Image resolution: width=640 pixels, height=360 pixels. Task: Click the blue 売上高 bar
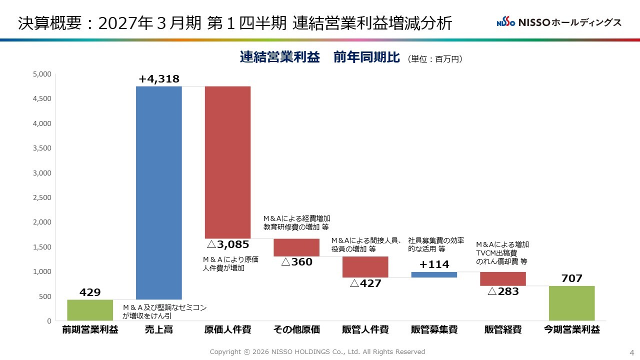(x=159, y=193)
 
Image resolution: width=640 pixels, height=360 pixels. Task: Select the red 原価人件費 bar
(x=227, y=162)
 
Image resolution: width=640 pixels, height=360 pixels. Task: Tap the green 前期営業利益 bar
(x=90, y=310)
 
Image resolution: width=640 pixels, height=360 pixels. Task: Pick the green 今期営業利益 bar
(x=571, y=303)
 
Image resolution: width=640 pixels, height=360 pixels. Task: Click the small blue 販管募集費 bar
(x=434, y=274)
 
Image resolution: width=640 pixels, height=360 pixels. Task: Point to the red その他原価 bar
(x=296, y=247)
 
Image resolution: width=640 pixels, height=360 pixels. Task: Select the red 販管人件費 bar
(x=365, y=267)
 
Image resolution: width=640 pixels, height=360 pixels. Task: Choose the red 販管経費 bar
(x=503, y=279)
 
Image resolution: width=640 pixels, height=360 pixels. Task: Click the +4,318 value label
(x=159, y=79)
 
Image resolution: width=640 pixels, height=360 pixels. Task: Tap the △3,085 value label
(x=228, y=244)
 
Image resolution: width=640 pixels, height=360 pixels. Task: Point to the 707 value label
(x=571, y=278)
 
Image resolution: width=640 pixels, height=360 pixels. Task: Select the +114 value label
(x=434, y=264)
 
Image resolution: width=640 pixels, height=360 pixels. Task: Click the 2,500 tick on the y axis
(x=42, y=197)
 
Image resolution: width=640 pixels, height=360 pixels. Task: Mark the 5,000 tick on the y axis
(x=42, y=74)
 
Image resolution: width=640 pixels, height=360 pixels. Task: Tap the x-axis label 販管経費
(x=503, y=329)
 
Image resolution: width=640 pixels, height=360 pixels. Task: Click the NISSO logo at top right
(x=559, y=22)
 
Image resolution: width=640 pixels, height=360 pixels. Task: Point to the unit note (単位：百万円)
(x=435, y=59)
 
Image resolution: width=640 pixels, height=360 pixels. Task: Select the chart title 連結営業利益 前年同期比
(x=319, y=57)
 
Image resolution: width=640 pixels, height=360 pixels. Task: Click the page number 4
(x=631, y=352)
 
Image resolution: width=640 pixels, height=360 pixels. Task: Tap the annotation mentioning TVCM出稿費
(x=502, y=253)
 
